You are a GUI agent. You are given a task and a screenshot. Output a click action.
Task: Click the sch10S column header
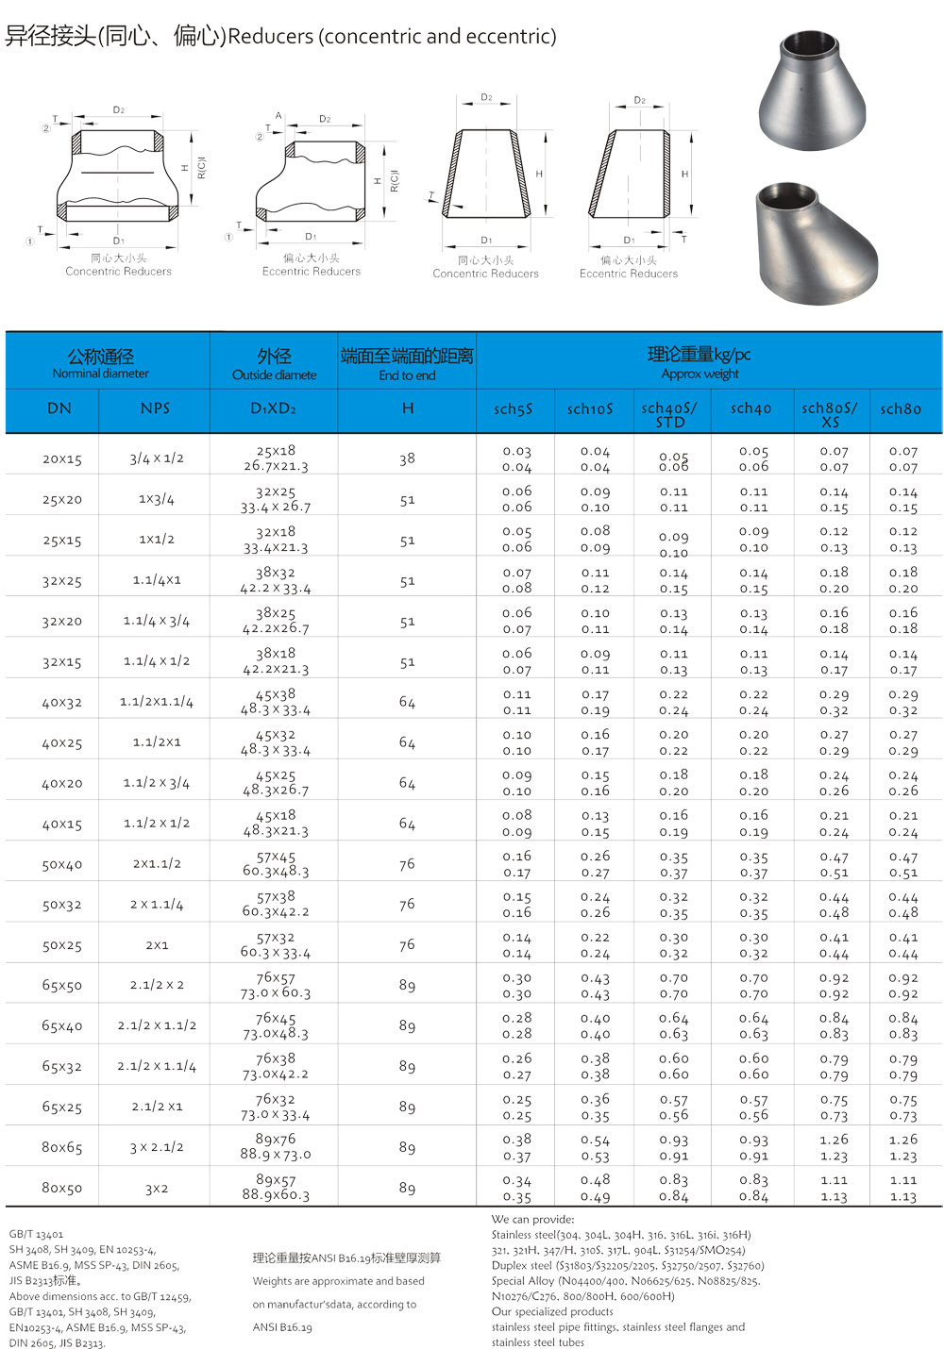590,409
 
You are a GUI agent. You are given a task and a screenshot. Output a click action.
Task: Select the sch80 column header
900,409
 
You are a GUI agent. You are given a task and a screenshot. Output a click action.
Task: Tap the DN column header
59,408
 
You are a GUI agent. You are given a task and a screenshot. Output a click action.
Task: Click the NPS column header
156,408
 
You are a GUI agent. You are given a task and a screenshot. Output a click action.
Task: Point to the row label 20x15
62,459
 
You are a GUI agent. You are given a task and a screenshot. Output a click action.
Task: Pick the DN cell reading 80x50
62,1189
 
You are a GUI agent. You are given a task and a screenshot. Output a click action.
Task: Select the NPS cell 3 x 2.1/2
157,1148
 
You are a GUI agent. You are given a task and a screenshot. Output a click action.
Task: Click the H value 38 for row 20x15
407,459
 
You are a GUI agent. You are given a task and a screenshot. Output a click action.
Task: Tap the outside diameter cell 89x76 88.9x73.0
276,1147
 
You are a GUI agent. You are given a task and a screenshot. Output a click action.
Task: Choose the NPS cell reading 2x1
157,945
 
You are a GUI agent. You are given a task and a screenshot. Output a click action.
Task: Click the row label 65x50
62,986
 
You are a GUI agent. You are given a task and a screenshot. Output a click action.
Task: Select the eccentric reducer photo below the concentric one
816,242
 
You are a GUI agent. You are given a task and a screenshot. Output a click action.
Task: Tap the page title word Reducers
271,37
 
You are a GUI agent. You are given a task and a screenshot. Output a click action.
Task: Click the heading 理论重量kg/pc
699,355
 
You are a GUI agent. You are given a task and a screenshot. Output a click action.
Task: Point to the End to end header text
407,375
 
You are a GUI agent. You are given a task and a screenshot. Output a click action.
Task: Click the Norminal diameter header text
101,374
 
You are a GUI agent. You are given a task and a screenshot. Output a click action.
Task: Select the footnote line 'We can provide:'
532,1220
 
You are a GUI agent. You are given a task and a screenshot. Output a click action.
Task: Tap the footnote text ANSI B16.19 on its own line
282,1327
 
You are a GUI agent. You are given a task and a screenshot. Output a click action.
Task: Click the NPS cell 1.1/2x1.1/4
157,702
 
